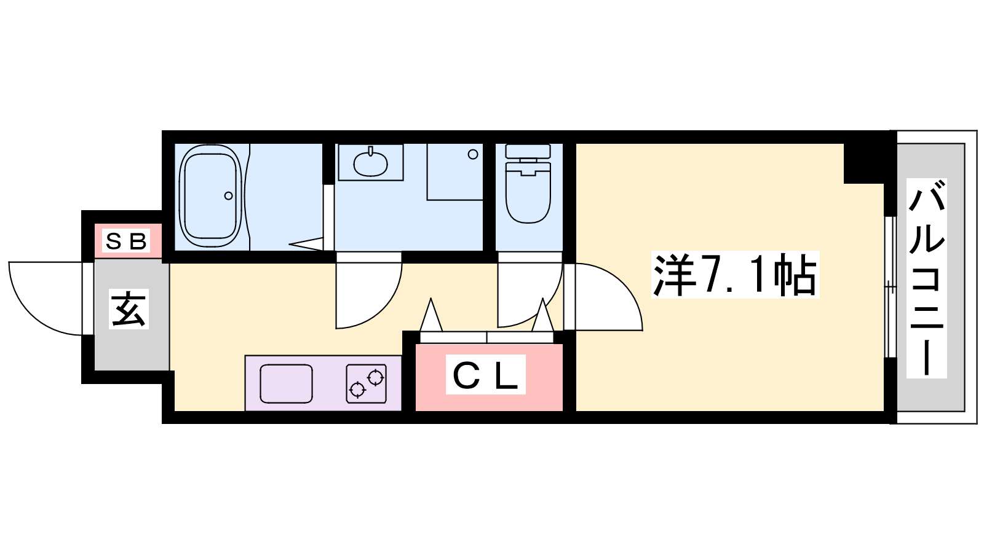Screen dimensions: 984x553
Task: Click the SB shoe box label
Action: (126, 241)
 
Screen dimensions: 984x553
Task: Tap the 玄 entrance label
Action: (129, 309)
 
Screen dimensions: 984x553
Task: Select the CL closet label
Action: (485, 374)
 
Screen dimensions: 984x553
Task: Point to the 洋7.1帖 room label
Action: (735, 275)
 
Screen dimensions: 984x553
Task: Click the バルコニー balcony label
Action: (926, 278)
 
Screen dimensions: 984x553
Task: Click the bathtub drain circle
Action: (228, 196)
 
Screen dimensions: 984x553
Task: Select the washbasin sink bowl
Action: (370, 163)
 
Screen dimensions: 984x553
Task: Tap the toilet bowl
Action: (528, 193)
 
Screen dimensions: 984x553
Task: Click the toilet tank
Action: (528, 151)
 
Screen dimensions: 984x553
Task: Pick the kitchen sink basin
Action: (286, 383)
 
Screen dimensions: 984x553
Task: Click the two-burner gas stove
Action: (367, 383)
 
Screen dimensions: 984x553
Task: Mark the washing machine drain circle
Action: (473, 154)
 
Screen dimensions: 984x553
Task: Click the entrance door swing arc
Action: (46, 299)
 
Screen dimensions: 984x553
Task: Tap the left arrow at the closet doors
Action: (431, 314)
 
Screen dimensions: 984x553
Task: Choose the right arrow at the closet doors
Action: (543, 314)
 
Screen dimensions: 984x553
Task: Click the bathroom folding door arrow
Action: (306, 244)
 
